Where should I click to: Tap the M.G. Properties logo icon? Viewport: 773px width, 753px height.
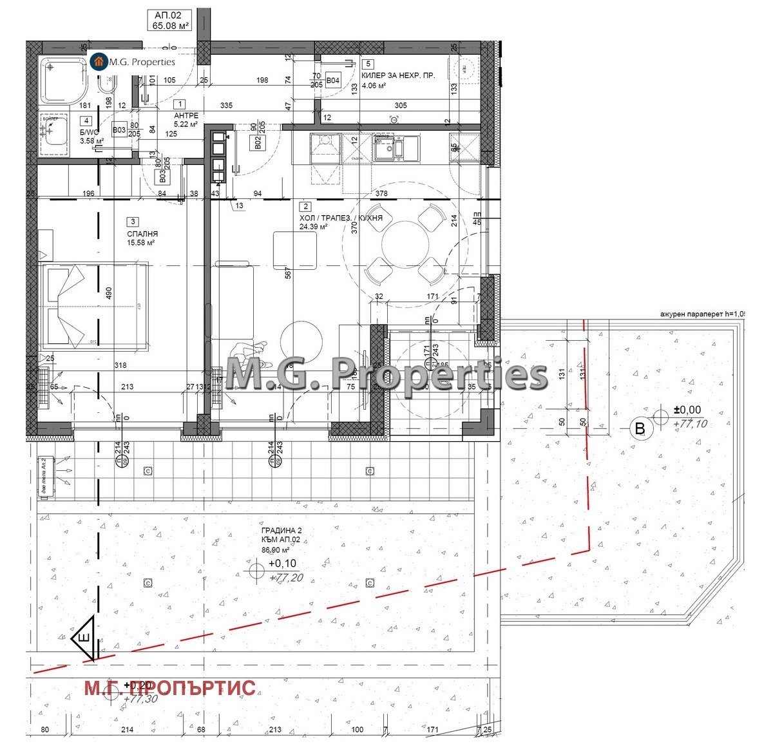(x=99, y=62)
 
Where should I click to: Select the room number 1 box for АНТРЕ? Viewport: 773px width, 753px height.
(x=180, y=104)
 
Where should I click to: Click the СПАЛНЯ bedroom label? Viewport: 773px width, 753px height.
(x=142, y=234)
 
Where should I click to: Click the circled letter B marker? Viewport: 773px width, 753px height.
(x=640, y=429)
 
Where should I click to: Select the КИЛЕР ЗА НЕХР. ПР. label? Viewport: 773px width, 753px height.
(x=398, y=76)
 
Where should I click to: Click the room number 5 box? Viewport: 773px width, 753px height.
(x=368, y=64)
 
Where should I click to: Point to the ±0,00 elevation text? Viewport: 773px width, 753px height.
(x=687, y=410)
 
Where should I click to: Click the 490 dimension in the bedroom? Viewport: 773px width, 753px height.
(x=110, y=293)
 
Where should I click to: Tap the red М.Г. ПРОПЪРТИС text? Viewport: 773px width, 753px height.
(x=170, y=689)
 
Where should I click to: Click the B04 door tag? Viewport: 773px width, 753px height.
(x=332, y=81)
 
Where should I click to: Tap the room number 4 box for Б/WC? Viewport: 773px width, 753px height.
(x=86, y=120)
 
